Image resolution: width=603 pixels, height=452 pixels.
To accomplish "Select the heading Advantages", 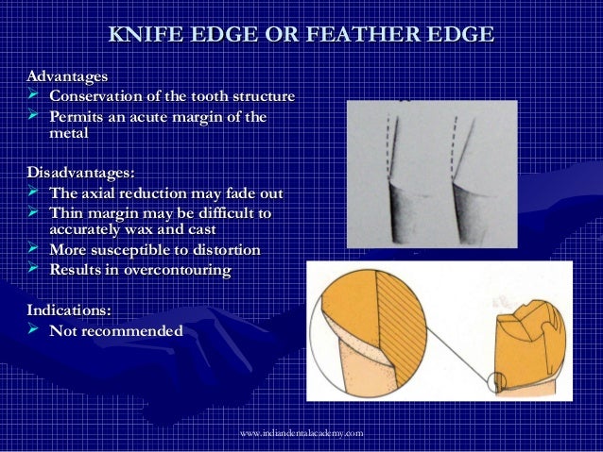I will tap(67, 75).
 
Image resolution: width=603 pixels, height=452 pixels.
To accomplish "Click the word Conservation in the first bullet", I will tap(102, 96).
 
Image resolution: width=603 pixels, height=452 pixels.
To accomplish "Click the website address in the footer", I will tap(301, 432).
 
